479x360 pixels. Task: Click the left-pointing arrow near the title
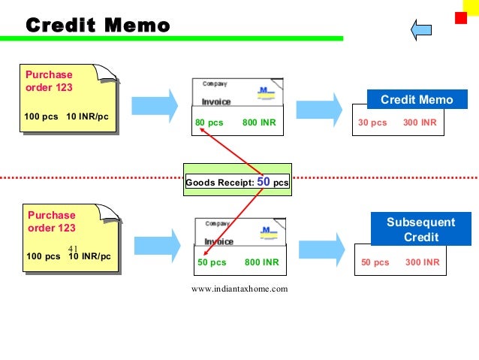(421, 29)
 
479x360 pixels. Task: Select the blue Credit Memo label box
(417, 100)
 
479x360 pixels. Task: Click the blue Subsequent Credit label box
(420, 229)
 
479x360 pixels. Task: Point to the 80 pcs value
(209, 123)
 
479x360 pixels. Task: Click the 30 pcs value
(372, 123)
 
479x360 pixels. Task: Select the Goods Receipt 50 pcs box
(237, 182)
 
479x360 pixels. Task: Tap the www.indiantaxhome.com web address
(239, 289)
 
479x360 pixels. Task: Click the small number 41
(73, 249)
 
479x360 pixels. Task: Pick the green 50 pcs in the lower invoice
(212, 262)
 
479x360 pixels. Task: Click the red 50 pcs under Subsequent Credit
(375, 262)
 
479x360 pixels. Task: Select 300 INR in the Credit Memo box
(420, 123)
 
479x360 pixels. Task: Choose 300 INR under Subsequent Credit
(423, 262)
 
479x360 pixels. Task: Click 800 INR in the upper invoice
(259, 123)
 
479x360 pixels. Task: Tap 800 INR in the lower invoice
(261, 262)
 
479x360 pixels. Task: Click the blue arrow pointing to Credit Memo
(324, 104)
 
